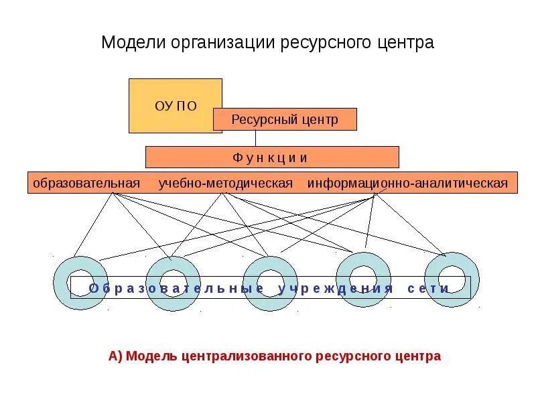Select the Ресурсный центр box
point(285,120)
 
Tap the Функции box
point(271,157)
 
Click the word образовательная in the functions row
point(86,183)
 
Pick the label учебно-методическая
point(226,183)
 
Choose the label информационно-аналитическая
point(407,183)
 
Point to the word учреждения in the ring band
point(336,289)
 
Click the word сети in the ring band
point(428,289)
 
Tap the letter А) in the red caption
point(115,356)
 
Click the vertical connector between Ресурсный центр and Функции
point(255,138)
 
